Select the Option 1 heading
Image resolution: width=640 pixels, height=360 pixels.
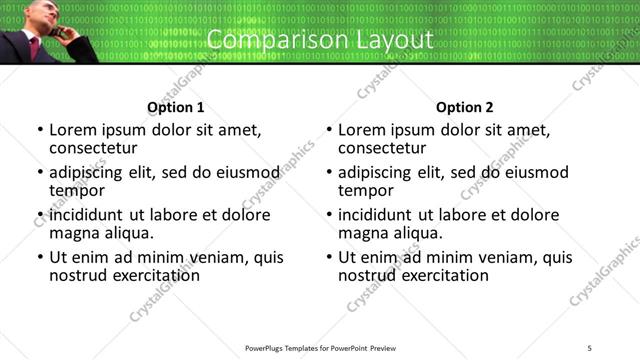point(175,107)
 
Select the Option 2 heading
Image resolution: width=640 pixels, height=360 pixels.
point(464,107)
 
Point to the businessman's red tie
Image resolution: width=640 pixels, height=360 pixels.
point(35,47)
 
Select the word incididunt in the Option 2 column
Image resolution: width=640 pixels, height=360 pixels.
point(375,215)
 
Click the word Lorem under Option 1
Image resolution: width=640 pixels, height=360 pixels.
point(73,130)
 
